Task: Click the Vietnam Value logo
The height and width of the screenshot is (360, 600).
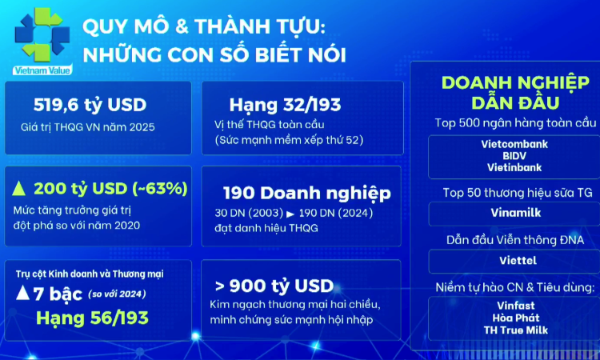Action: (42, 40)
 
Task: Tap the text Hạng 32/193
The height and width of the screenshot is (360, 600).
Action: (273, 106)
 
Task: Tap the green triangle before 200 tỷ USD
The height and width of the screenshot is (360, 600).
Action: (20, 189)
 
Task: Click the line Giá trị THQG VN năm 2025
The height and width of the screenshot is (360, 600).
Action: (88, 127)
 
